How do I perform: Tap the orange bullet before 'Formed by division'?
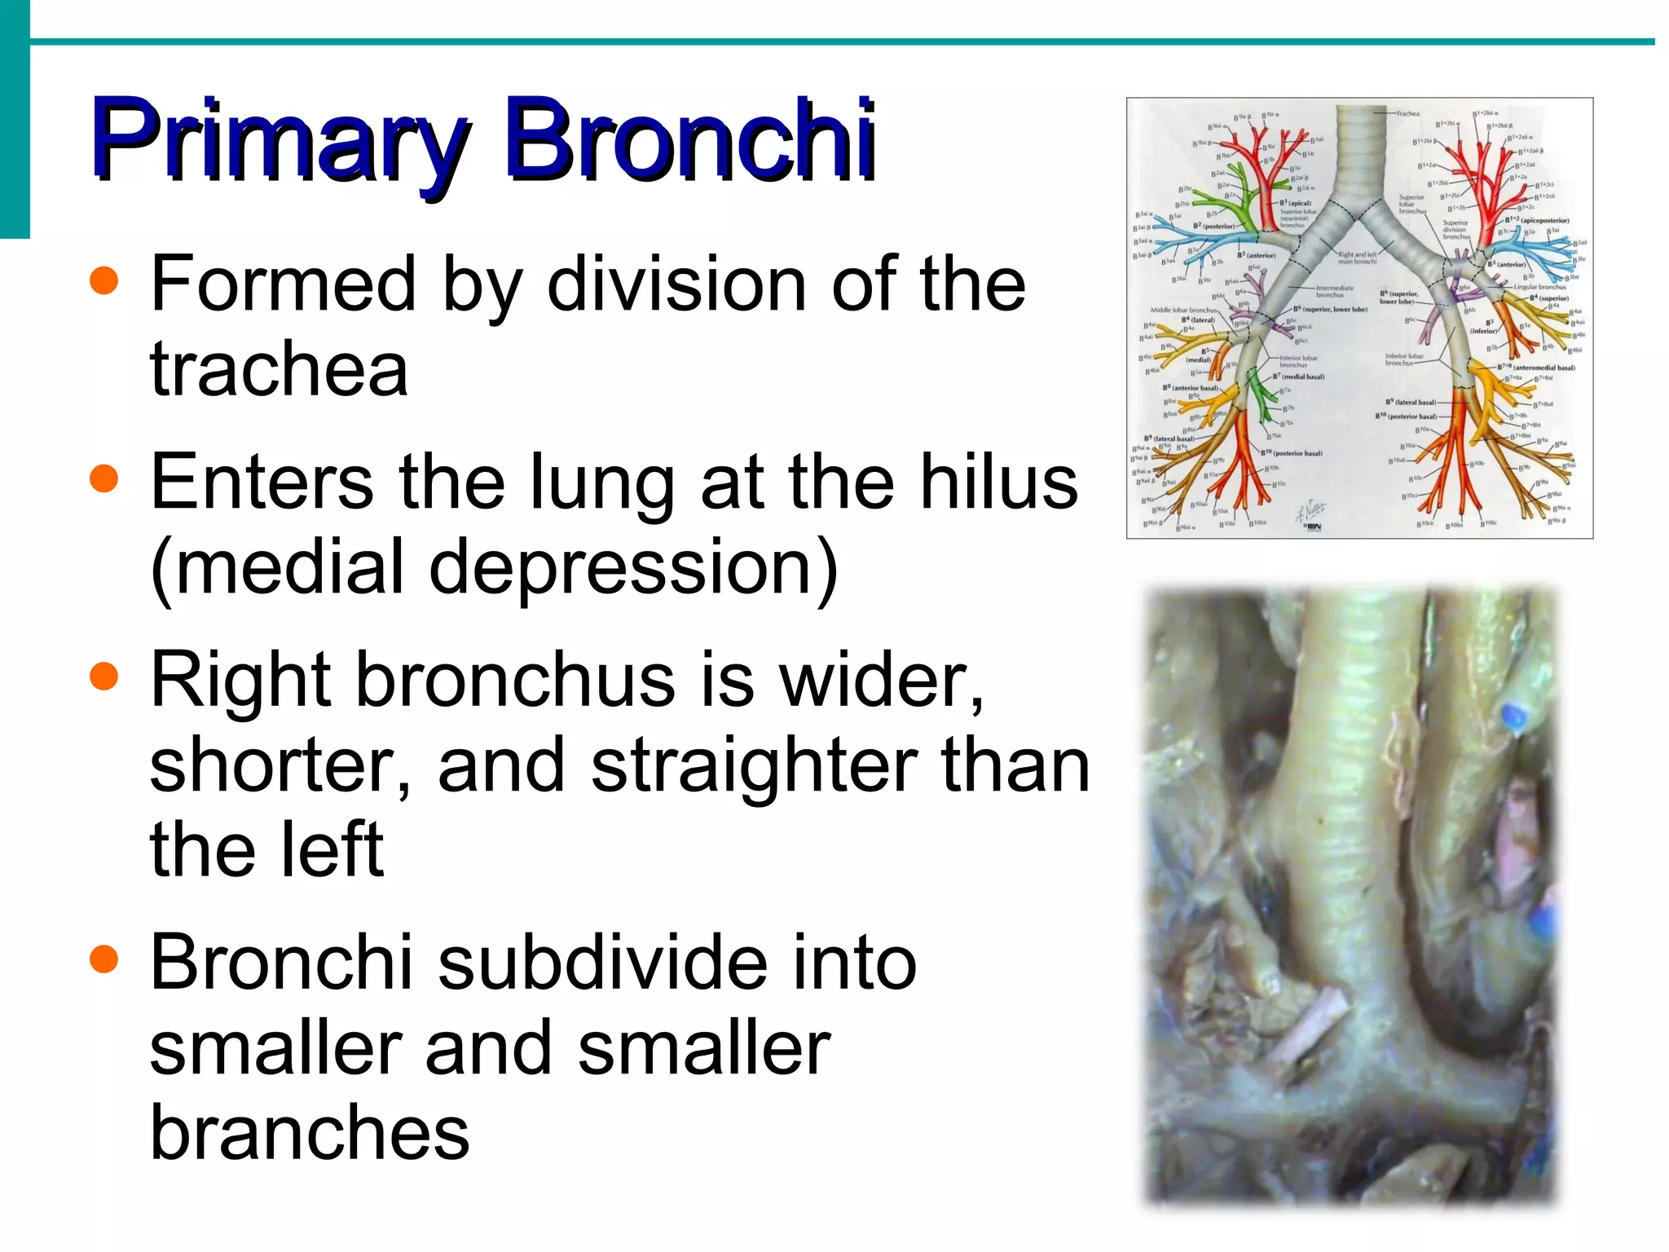[x=103, y=282]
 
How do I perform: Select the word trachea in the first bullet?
[x=279, y=369]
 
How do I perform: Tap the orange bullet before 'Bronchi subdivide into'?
[x=103, y=959]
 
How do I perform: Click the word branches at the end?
[x=310, y=1132]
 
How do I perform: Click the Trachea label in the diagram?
[x=1407, y=113]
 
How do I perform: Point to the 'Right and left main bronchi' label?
[x=1357, y=258]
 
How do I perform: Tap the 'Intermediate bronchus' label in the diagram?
[x=1334, y=291]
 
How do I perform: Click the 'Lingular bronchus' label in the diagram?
[x=1539, y=287]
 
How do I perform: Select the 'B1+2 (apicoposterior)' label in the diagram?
[x=1536, y=220]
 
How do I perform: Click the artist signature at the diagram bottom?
[x=1311, y=514]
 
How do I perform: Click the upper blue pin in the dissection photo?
[x=1513, y=717]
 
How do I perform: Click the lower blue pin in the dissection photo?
[x=1541, y=921]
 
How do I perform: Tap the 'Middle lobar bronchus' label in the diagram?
[x=1183, y=310]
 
